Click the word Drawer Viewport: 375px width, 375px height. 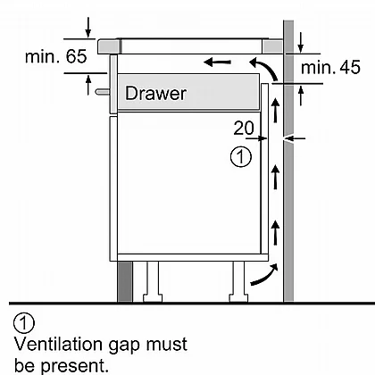pyautogui.click(x=155, y=93)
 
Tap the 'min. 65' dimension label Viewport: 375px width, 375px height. pyautogui.click(x=56, y=56)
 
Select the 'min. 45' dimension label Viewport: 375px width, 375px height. pyautogui.click(x=330, y=67)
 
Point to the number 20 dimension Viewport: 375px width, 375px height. pyautogui.click(x=244, y=128)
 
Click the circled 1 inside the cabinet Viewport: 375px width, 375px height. pyautogui.click(x=241, y=156)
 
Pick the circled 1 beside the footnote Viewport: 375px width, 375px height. pyautogui.click(x=24, y=323)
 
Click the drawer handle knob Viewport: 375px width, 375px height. pyautogui.click(x=103, y=92)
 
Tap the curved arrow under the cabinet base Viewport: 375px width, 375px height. pyautogui.click(x=264, y=274)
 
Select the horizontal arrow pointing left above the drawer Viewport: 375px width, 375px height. pyautogui.click(x=217, y=62)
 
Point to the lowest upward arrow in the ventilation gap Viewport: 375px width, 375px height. pyautogui.click(x=276, y=232)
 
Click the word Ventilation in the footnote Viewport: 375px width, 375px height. pyautogui.click(x=59, y=345)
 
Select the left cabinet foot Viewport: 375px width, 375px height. pyautogui.click(x=153, y=281)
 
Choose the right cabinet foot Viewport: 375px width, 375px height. pyautogui.click(x=238, y=281)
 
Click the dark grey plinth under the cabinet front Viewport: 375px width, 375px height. pyautogui.click(x=125, y=281)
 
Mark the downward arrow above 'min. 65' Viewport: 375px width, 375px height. pyautogui.click(x=88, y=28)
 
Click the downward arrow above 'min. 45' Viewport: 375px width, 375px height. pyautogui.click(x=301, y=43)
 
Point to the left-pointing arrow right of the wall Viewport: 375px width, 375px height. pyautogui.click(x=295, y=138)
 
